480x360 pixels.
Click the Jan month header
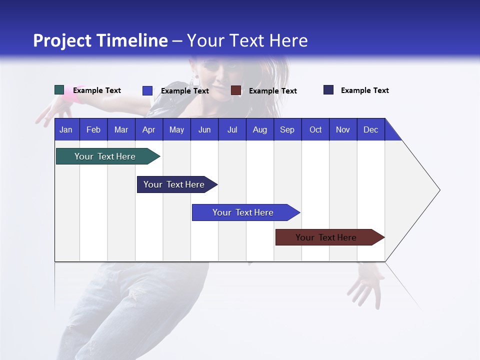(66, 129)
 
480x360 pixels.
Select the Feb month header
(93, 129)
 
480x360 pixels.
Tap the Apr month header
(148, 129)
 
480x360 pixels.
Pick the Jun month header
(204, 129)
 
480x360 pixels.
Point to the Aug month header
(259, 129)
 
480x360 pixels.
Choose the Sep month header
(287, 129)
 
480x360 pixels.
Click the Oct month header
(315, 129)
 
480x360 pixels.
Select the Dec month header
(370, 129)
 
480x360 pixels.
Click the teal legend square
(59, 90)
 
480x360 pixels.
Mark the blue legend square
(147, 90)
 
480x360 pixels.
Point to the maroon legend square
(236, 90)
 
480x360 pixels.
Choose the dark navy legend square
(328, 90)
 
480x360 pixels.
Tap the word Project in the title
(62, 40)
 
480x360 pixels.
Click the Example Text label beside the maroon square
(272, 91)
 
